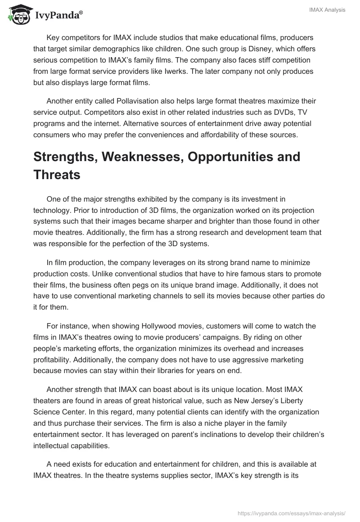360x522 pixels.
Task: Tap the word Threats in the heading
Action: pyautogui.click(x=57, y=175)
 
